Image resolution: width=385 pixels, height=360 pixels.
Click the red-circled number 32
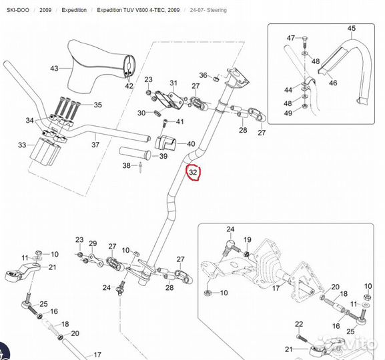coord(193,172)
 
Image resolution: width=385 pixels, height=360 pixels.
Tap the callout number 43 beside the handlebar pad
coord(54,68)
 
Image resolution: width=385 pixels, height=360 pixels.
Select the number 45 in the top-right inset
coord(352,29)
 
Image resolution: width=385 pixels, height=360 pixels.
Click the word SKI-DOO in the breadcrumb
coord(17,10)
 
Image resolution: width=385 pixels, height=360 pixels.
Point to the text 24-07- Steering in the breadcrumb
coord(208,10)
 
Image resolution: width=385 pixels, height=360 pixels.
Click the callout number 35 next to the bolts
coord(97,105)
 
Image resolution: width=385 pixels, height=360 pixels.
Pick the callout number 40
coord(191,144)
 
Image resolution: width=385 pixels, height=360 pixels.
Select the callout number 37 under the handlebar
coord(95,145)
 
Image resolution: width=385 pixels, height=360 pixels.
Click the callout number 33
coord(22,145)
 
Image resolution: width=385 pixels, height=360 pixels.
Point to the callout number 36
coord(203,75)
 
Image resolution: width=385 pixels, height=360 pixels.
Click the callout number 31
coord(173,83)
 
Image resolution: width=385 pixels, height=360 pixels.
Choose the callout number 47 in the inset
coord(291,38)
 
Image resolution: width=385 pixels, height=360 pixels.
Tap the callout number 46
coord(333,83)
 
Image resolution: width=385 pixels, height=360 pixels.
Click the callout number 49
coord(288,113)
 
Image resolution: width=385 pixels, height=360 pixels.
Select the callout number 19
coord(248,239)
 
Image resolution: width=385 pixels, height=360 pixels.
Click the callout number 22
coord(299,324)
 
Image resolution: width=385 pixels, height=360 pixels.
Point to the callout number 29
coord(93,243)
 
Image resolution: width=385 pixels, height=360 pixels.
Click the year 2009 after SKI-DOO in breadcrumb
coord(45,10)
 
